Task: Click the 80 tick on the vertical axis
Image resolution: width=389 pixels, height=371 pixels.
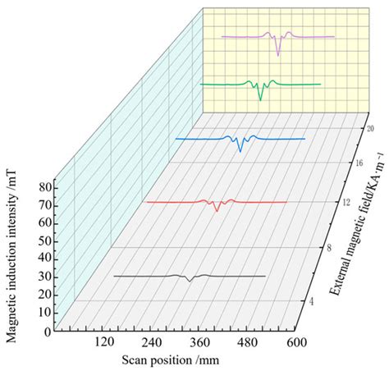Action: point(42,187)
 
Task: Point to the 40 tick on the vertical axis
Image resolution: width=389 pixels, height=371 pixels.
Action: point(42,259)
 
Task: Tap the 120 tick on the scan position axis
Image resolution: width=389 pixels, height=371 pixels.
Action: point(104,341)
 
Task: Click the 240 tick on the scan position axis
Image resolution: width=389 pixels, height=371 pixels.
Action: point(151,341)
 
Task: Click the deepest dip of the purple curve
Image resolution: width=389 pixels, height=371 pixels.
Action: point(278,55)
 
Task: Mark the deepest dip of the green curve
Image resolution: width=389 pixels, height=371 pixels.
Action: point(260,99)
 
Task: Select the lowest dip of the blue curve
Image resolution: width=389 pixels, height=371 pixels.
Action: point(240,152)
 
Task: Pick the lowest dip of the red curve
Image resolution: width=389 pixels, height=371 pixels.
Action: point(217,212)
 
